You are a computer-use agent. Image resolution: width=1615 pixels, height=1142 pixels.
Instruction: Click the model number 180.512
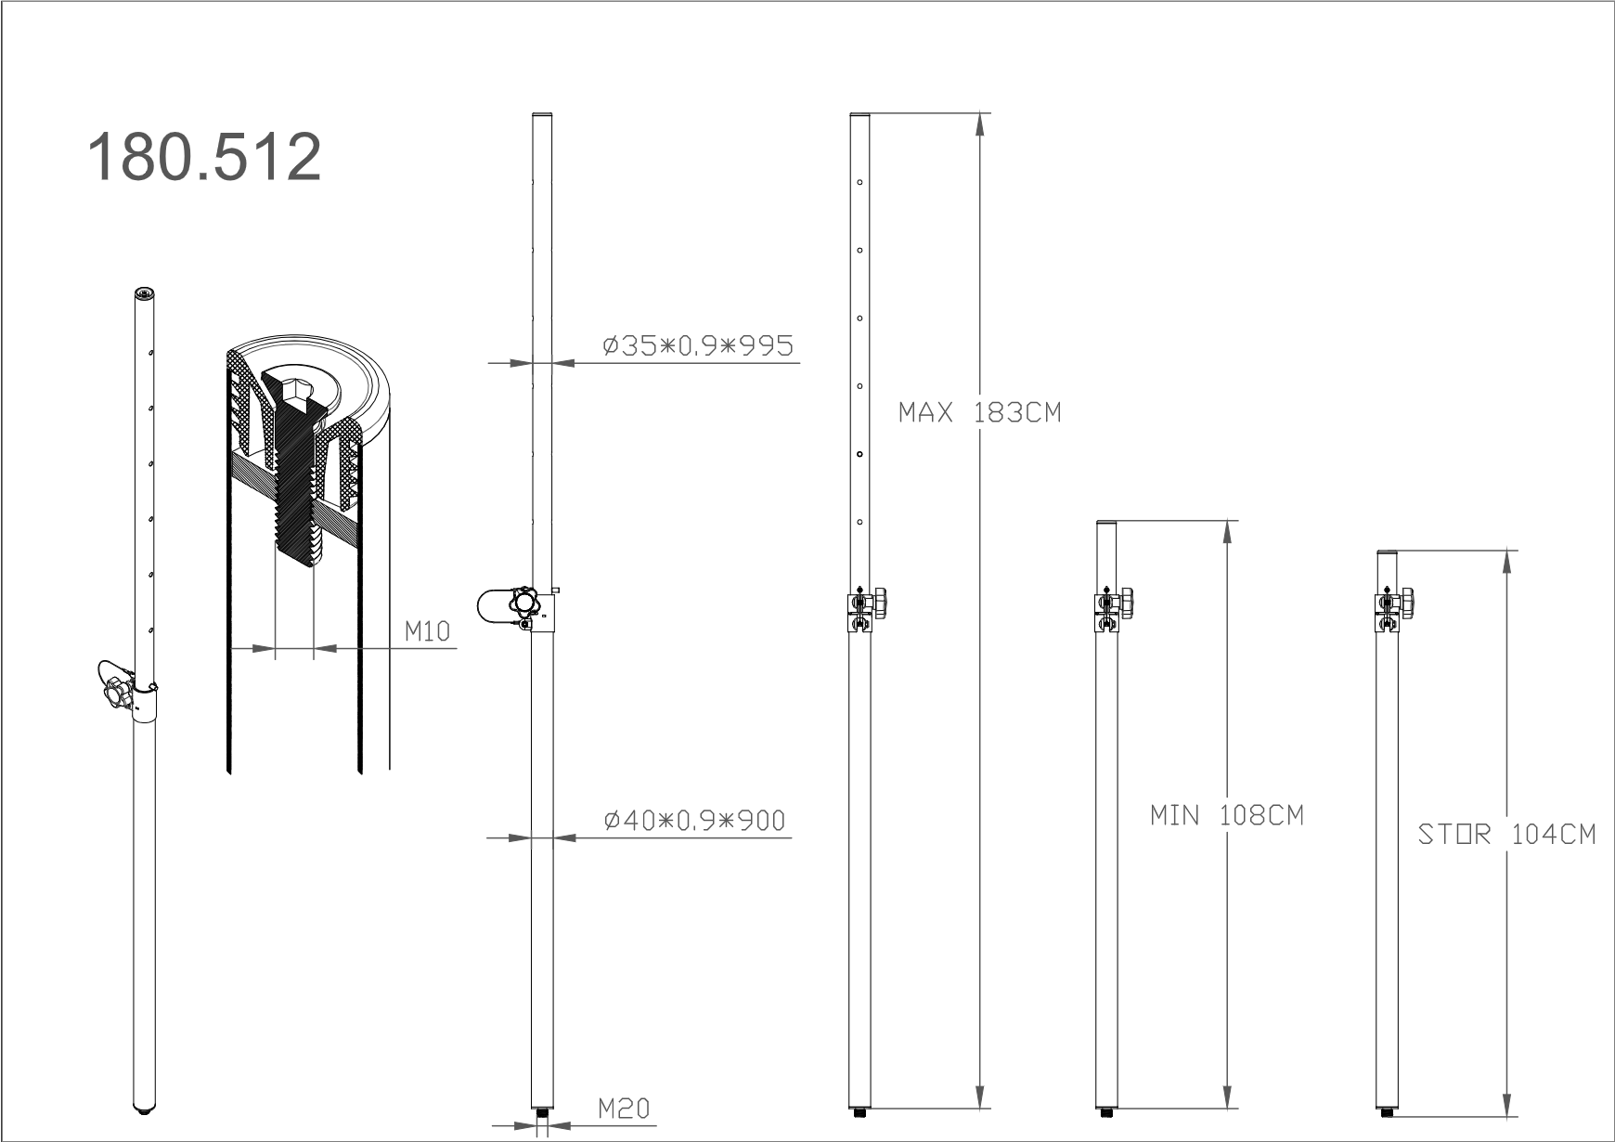[204, 156]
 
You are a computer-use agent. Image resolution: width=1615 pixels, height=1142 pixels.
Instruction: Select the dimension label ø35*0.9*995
[698, 345]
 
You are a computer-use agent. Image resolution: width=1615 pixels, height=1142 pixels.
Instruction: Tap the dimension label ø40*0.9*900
[693, 820]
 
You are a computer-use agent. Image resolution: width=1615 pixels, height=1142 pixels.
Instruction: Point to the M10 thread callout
[427, 631]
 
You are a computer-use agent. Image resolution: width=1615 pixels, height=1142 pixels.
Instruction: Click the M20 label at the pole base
[624, 1108]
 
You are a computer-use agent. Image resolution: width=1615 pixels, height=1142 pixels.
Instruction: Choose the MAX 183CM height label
[979, 412]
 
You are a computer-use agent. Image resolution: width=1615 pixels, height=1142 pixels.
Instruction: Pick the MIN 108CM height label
[1227, 815]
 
